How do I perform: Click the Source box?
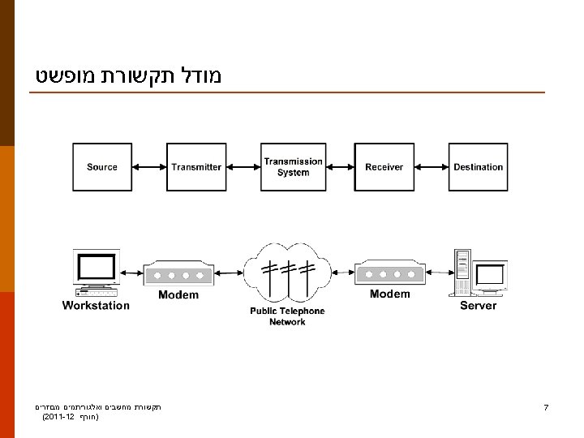(102, 167)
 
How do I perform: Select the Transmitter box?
(196, 167)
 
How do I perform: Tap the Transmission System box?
(293, 167)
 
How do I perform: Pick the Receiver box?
(384, 167)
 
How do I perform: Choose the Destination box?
(478, 167)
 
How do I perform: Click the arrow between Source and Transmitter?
(149, 167)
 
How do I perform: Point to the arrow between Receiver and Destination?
(432, 167)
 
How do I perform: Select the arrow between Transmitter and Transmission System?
(243, 167)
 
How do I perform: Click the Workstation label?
(96, 306)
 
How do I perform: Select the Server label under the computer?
(478, 306)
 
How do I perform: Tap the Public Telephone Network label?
(287, 316)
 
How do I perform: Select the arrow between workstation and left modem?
(131, 273)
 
